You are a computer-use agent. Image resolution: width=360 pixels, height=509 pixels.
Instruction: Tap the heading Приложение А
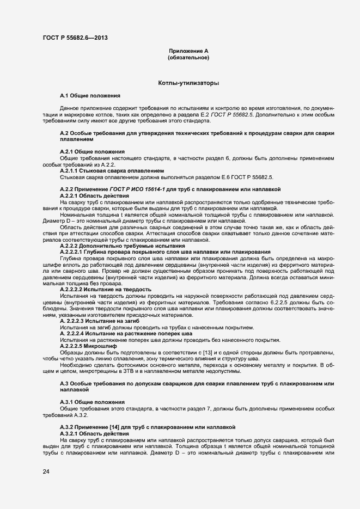tap(188, 51)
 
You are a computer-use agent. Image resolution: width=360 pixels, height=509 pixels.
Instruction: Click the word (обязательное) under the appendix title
tap(188, 57)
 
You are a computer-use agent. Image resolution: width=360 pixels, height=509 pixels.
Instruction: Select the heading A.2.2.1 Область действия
tap(94, 195)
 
